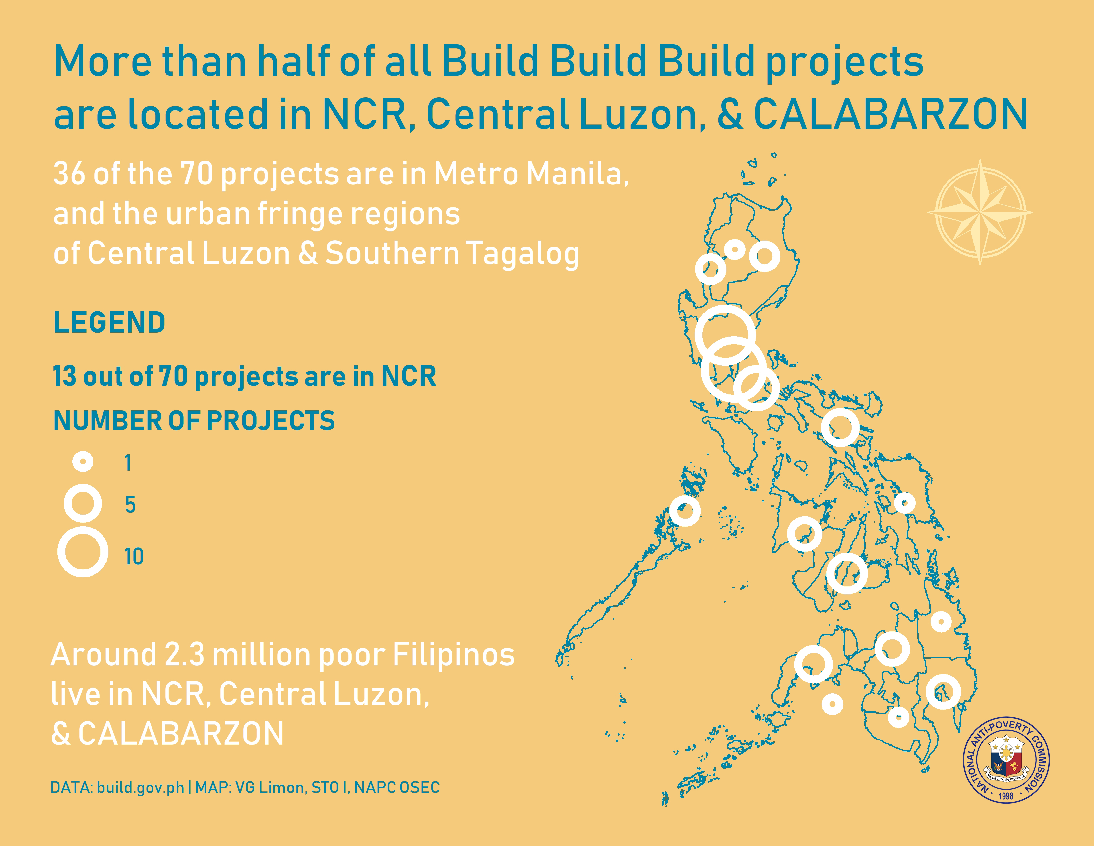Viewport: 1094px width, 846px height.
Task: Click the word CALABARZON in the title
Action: coord(891,114)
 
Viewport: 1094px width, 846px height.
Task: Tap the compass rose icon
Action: coord(980,212)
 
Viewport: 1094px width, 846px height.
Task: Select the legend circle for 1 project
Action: coord(83,461)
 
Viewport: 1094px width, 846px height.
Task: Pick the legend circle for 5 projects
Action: coord(83,503)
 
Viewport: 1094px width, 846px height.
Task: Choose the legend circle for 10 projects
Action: coord(83,552)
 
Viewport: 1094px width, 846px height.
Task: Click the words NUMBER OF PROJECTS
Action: coord(194,420)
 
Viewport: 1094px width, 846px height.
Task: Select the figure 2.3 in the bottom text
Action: coord(184,655)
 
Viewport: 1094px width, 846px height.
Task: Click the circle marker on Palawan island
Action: coord(685,511)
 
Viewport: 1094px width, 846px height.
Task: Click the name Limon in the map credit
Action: coord(283,787)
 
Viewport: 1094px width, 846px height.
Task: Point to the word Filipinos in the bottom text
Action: coord(453,655)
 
